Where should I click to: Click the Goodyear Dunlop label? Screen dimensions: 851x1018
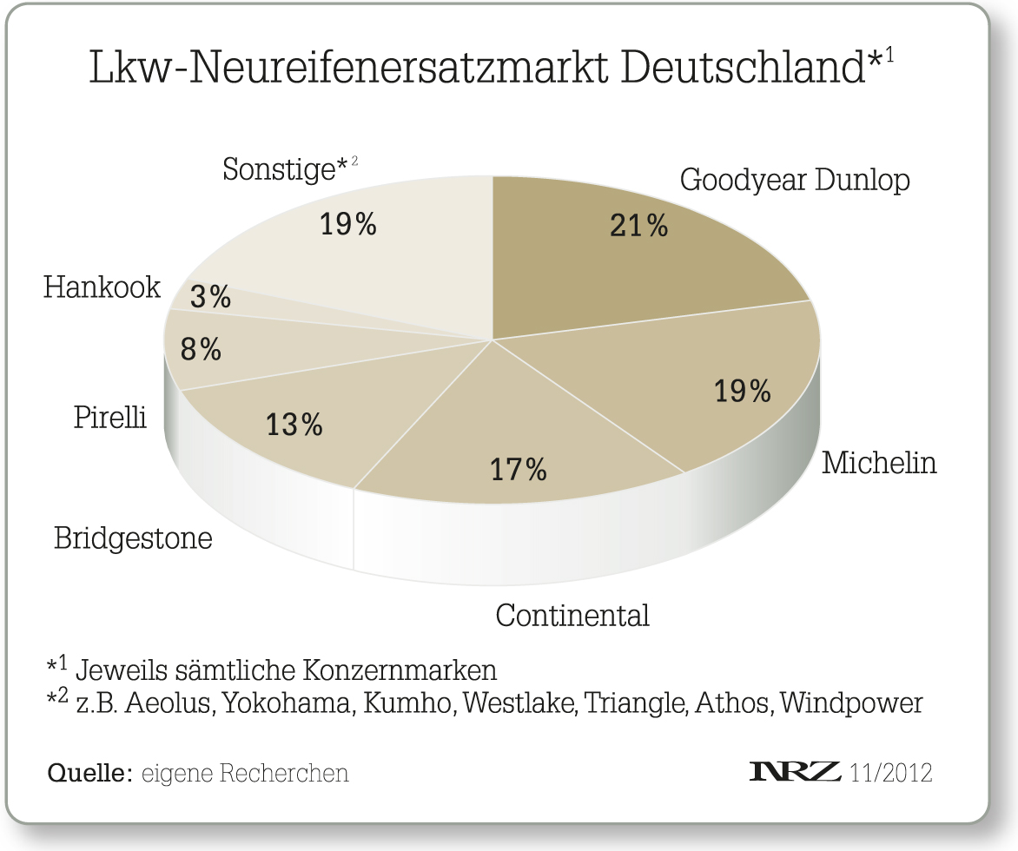pos(795,180)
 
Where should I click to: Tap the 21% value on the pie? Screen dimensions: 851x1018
pos(638,226)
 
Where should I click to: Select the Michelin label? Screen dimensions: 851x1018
pos(879,463)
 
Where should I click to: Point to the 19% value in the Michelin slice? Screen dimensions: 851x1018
pos(743,391)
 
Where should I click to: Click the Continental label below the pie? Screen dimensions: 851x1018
pos(572,616)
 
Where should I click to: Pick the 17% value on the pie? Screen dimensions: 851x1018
pos(519,470)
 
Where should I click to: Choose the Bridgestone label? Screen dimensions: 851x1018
pos(133,538)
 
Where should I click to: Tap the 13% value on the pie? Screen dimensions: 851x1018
pos(294,425)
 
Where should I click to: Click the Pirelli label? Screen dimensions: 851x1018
pos(109,418)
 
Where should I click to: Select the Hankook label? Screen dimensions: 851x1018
pos(102,287)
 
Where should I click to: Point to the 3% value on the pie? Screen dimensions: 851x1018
pos(210,297)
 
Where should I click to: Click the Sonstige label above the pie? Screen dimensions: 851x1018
pos(278,168)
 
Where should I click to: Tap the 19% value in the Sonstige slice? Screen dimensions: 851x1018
pos(348,224)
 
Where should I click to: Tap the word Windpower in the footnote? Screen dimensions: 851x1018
pos(851,703)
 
